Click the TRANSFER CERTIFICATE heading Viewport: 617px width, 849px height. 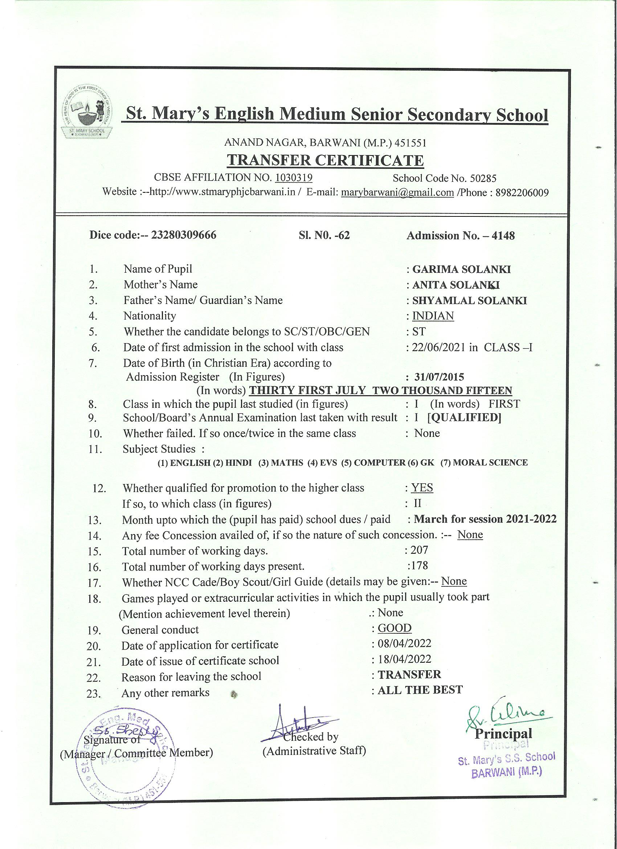pos(325,160)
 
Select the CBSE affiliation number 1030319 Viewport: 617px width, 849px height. pos(294,178)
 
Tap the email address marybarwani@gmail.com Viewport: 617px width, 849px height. pos(397,192)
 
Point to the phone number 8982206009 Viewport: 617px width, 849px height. pos(522,192)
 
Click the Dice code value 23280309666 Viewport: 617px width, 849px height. pos(183,235)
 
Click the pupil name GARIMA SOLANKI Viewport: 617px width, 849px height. pos(461,269)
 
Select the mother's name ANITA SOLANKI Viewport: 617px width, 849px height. pos(456,285)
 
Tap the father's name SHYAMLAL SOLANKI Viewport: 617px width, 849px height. pos(470,301)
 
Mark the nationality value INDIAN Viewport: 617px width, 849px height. pos(433,316)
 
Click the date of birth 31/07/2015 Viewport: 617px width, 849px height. pos(439,377)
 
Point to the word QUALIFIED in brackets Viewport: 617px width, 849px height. pos(464,417)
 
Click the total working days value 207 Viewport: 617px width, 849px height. pos(419,550)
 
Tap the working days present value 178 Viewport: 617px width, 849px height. pos(419,565)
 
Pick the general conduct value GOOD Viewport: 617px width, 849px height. pos(395,628)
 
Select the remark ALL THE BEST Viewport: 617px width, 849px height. pos(420,690)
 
